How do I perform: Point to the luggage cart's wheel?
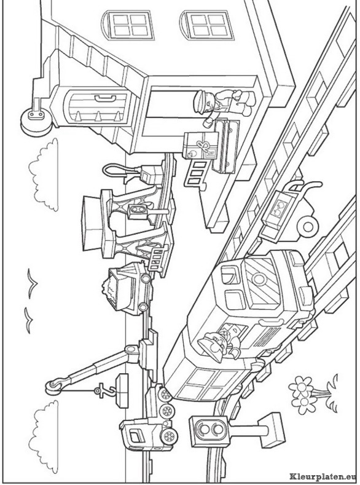pos(308,227)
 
